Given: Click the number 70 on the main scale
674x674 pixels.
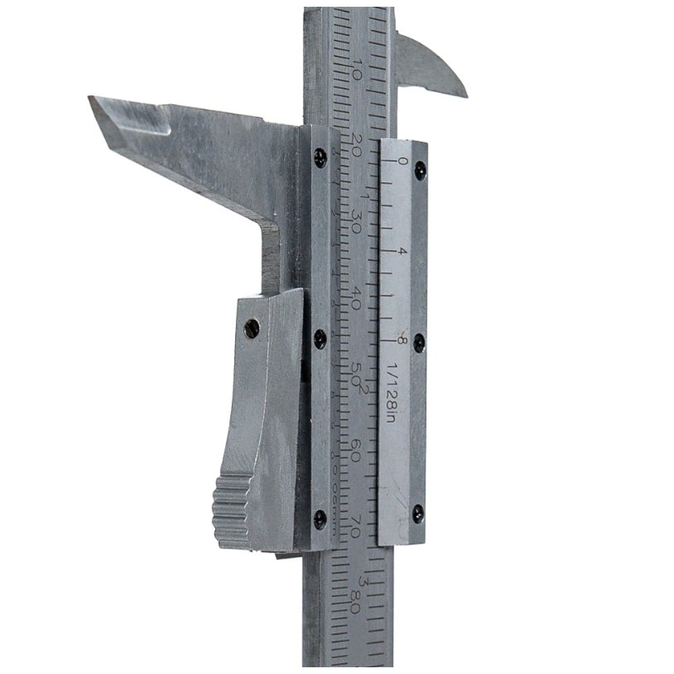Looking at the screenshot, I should [x=355, y=526].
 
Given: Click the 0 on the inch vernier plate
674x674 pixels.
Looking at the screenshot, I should [x=402, y=161].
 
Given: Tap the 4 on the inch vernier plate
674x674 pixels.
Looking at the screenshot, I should [x=402, y=251].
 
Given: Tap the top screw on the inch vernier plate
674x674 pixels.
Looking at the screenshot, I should [x=420, y=169].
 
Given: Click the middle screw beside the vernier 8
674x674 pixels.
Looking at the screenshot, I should [x=419, y=342].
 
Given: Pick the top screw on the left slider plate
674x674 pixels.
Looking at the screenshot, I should [x=321, y=158].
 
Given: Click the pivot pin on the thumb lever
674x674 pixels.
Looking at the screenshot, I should [x=252, y=328].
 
